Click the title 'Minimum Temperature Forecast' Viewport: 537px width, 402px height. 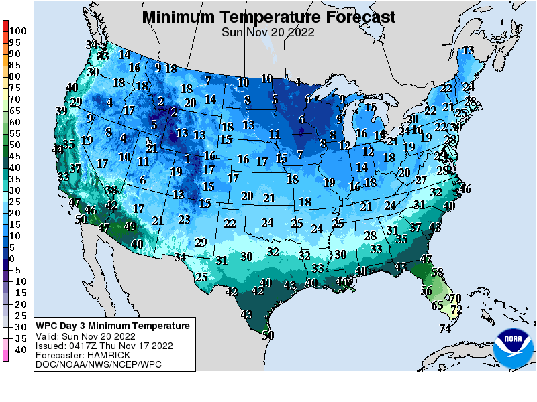(x=268, y=16)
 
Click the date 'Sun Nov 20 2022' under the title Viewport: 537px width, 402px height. (x=268, y=31)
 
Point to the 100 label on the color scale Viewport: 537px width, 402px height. (x=18, y=31)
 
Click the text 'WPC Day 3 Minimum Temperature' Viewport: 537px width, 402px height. (x=113, y=326)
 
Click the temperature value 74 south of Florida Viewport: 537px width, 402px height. (x=445, y=328)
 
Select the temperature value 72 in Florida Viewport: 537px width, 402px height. (x=457, y=310)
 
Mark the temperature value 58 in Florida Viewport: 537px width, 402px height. (x=438, y=273)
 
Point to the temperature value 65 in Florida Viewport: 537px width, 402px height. (x=437, y=306)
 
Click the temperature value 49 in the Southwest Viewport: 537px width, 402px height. (x=130, y=226)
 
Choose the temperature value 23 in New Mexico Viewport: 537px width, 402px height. (x=184, y=219)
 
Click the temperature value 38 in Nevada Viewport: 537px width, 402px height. (x=111, y=190)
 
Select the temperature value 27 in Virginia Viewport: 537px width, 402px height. (x=421, y=180)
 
